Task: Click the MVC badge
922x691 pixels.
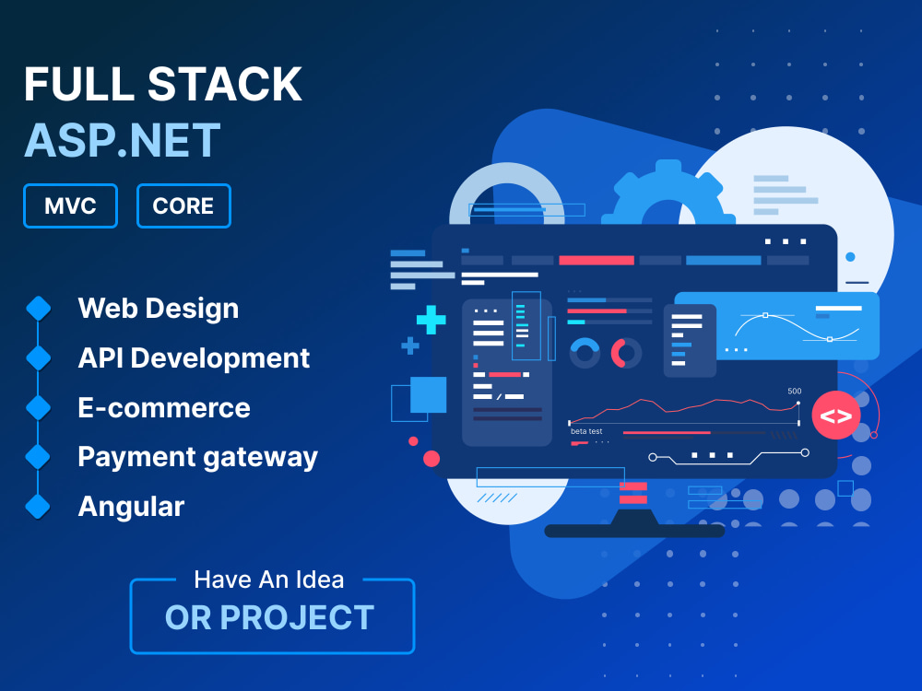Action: click(x=71, y=205)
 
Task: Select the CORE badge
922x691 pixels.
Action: click(x=183, y=205)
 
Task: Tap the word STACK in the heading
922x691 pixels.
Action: click(x=225, y=85)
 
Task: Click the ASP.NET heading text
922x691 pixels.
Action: click(x=123, y=140)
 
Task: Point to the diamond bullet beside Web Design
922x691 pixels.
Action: click(x=38, y=308)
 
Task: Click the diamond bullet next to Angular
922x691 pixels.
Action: click(x=38, y=506)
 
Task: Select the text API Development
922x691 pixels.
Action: click(x=194, y=357)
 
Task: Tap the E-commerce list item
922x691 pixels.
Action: click(x=164, y=407)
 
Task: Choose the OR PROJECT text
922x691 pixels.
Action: click(x=269, y=617)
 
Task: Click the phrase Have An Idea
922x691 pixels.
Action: click(x=269, y=580)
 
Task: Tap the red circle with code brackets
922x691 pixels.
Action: click(x=835, y=416)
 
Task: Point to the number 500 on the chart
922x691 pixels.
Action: click(x=794, y=391)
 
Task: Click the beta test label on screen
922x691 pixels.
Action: click(x=586, y=431)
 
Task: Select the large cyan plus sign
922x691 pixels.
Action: click(x=431, y=320)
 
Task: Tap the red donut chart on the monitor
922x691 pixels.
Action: click(x=626, y=352)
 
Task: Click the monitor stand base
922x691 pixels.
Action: click(x=634, y=531)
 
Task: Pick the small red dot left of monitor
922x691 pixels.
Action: click(x=431, y=458)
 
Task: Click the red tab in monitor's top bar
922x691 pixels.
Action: click(x=597, y=261)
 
